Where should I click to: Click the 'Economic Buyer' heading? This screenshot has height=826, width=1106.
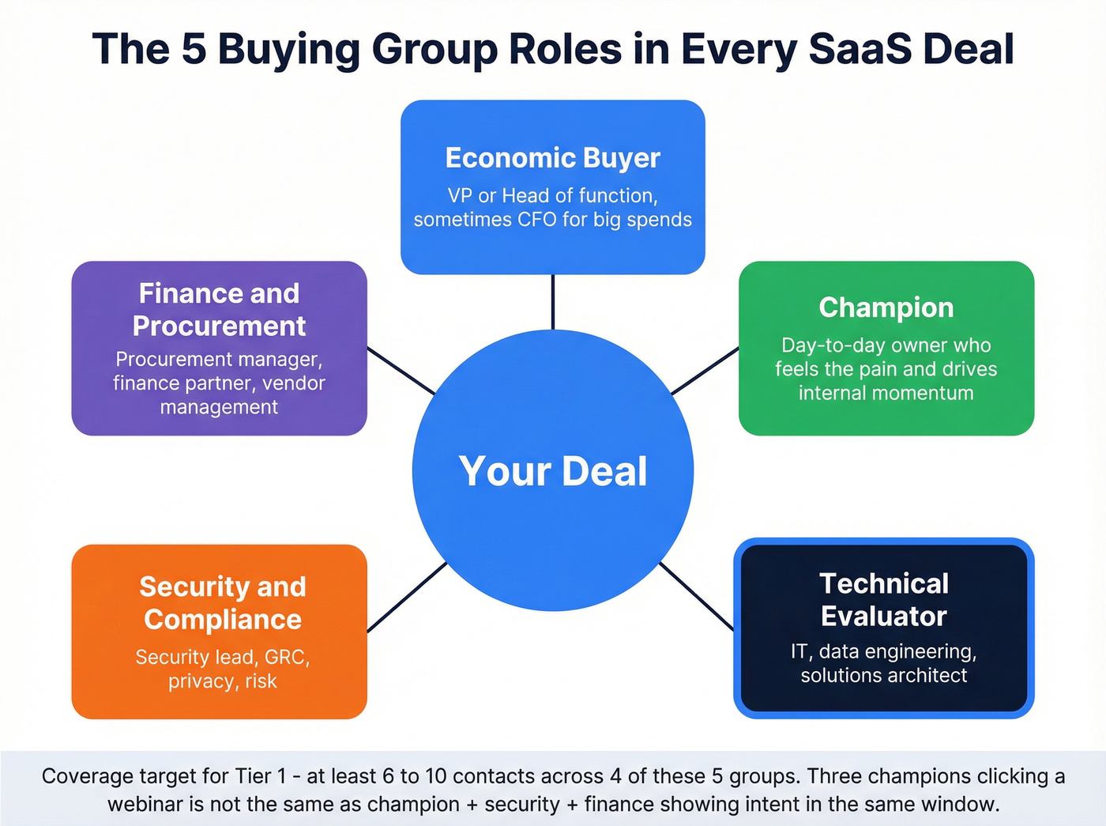pyautogui.click(x=552, y=158)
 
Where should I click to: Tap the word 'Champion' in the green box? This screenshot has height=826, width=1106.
pyautogui.click(x=886, y=307)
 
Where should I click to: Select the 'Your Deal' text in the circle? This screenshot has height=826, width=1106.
pyautogui.click(x=553, y=471)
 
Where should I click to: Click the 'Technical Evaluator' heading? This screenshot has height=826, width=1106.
pyautogui.click(x=883, y=599)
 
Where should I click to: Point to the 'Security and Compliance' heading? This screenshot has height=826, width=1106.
pyautogui.click(x=222, y=602)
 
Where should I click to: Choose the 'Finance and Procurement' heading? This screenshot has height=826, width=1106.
pyautogui.click(x=219, y=309)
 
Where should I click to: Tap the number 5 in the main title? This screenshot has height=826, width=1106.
pyautogui.click(x=194, y=49)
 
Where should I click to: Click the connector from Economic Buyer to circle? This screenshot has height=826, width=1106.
pyautogui.click(x=553, y=302)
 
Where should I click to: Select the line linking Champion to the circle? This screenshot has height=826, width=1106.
pyautogui.click(x=705, y=371)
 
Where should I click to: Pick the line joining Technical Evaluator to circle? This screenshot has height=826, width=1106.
pyautogui.click(x=696, y=596)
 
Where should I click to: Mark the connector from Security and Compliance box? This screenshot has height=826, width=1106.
pyautogui.click(x=407, y=598)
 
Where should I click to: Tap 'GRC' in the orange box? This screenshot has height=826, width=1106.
pyautogui.click(x=286, y=658)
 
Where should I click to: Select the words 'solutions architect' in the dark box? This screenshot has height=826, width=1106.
pyautogui.click(x=883, y=675)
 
